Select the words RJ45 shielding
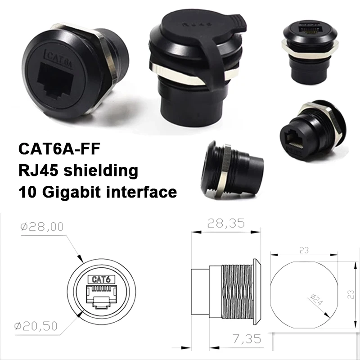coord(78,171)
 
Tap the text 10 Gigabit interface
coord(98,192)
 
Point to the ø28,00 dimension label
coord(42,227)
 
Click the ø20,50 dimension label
coord(36,326)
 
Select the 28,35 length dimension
coord(226,223)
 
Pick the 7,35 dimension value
coord(247,339)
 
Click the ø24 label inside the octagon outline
coord(317,299)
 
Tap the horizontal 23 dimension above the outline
coord(304,250)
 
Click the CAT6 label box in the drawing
coord(101,279)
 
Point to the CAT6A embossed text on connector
coord(59,59)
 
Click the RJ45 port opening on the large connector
coord(56,81)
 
